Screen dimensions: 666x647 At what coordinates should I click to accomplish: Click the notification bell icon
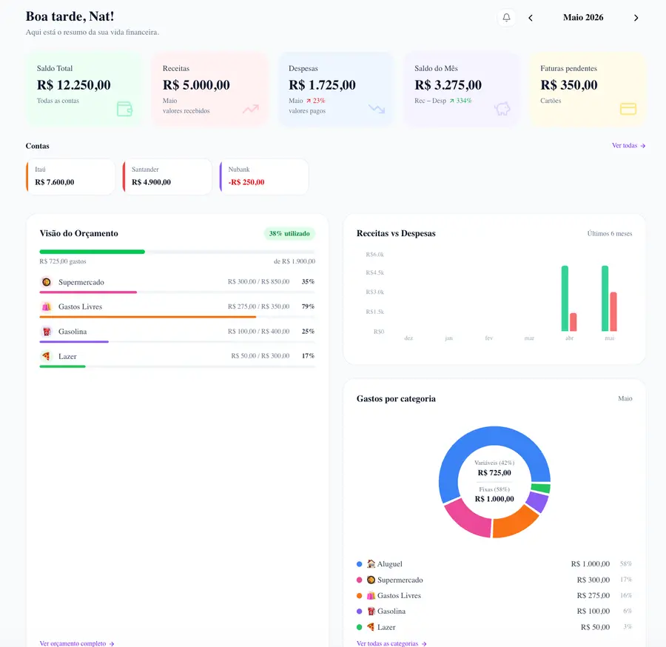tap(506, 18)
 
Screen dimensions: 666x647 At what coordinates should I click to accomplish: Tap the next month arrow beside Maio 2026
tap(636, 18)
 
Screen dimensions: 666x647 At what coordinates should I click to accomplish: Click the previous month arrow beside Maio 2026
tap(531, 18)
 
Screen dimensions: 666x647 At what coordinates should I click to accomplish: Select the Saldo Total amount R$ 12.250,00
tap(73, 85)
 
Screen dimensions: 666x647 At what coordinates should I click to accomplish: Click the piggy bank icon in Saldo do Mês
tap(502, 109)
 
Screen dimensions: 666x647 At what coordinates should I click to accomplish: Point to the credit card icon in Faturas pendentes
tap(628, 109)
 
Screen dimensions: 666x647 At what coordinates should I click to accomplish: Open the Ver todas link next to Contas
tap(628, 146)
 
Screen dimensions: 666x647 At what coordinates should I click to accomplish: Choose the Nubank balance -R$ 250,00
tap(246, 182)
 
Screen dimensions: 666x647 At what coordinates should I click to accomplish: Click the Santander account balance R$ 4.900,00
tap(151, 182)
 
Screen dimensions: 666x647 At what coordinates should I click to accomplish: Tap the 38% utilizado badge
tap(289, 234)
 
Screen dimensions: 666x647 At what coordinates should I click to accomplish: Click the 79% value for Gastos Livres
tap(308, 306)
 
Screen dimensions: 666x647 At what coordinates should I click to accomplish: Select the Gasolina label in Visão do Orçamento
tap(73, 332)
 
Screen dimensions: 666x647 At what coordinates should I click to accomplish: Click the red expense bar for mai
tap(613, 312)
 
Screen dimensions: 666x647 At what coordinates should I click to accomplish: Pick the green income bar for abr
tap(565, 298)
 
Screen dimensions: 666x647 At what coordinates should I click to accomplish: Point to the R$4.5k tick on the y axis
tap(374, 272)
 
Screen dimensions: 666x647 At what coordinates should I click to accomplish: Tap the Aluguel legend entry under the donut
tap(384, 564)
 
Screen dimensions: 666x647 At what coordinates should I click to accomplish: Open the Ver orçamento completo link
tap(77, 643)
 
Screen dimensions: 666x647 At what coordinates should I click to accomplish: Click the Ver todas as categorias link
tap(391, 643)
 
